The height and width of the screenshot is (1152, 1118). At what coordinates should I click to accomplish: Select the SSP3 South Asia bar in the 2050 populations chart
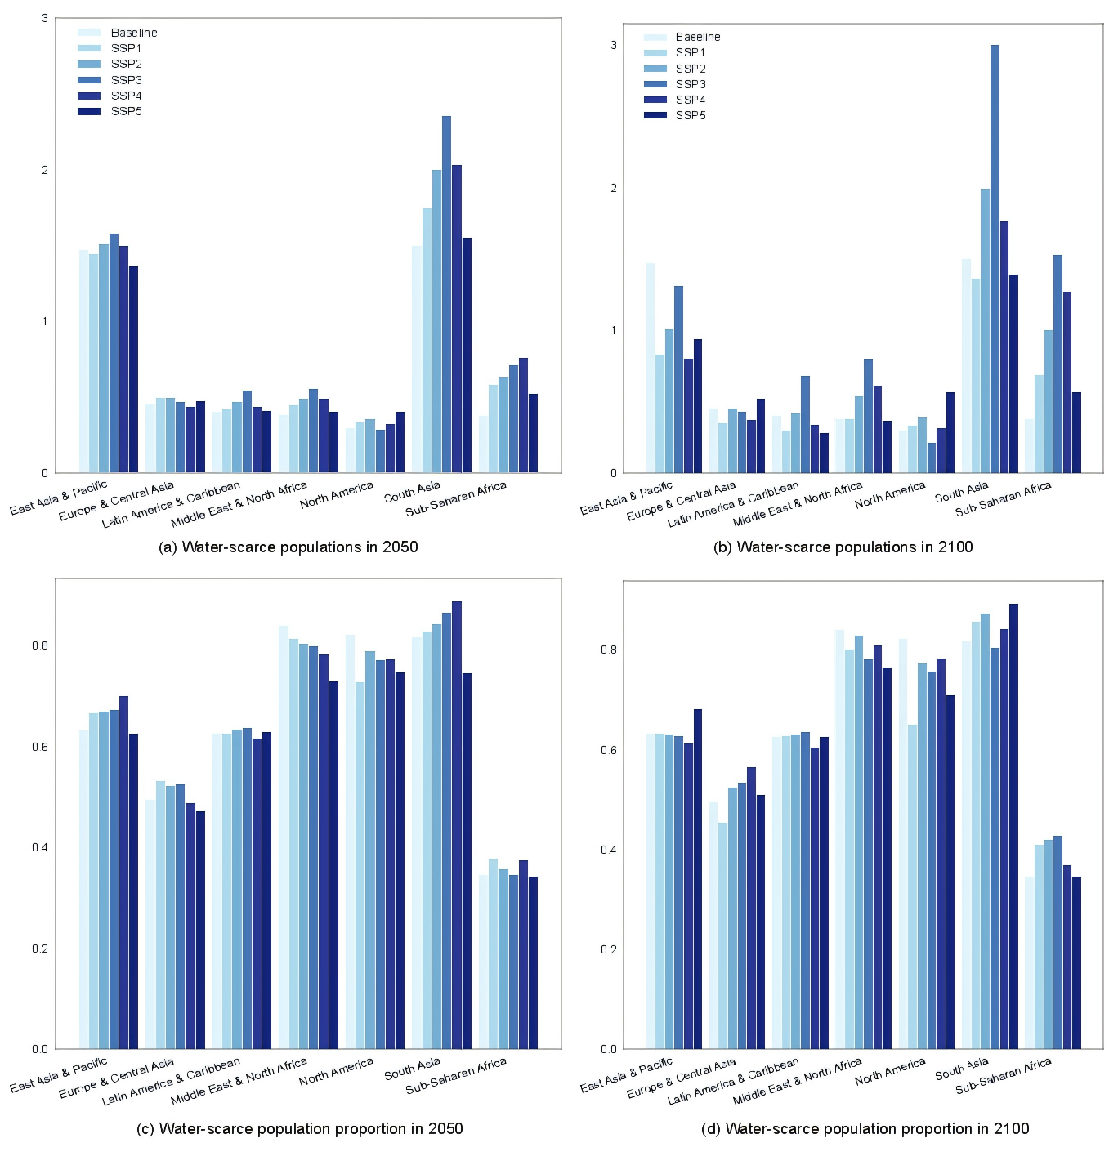[x=446, y=294]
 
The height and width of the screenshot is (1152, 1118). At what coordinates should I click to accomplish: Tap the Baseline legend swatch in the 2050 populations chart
[x=89, y=33]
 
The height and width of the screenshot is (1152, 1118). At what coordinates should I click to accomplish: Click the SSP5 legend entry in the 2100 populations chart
[x=691, y=115]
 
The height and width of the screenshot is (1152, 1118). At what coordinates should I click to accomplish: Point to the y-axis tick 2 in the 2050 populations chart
[x=45, y=170]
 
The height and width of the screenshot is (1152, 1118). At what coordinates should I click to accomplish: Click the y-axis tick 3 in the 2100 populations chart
[x=614, y=45]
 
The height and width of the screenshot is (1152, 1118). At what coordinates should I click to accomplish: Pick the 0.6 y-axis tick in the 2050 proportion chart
[x=40, y=747]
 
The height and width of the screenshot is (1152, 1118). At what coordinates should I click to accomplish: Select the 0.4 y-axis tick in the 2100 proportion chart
[x=609, y=850]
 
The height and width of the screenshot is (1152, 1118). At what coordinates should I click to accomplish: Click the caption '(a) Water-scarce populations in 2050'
[x=288, y=547]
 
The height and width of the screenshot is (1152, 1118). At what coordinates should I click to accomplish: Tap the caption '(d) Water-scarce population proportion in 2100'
[x=865, y=1128]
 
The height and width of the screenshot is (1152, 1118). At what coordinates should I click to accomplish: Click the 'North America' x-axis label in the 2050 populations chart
[x=337, y=495]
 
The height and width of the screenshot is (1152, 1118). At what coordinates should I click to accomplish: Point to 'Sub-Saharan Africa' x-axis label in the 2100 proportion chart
[x=1004, y=1075]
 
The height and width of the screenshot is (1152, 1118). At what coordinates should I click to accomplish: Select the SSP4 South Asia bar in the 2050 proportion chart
[x=456, y=825]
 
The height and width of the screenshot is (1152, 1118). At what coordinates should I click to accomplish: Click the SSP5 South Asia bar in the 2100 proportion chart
[x=1013, y=826]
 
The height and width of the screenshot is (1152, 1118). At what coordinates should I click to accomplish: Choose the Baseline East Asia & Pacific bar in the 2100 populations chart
[x=651, y=368]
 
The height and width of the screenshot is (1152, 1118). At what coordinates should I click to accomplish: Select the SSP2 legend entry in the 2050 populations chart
[x=126, y=64]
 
